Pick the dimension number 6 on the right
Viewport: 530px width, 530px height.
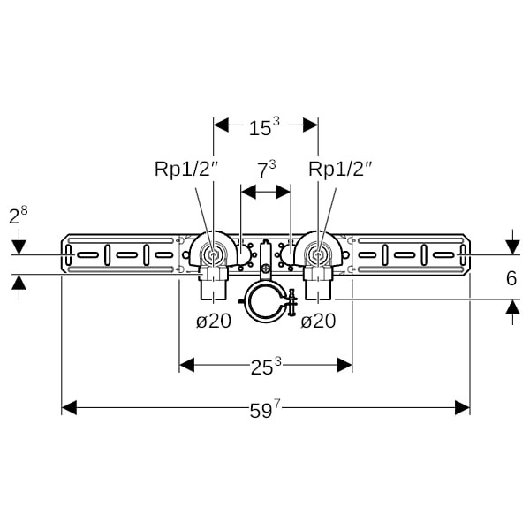[x=511, y=278]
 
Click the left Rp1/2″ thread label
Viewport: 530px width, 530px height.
[x=182, y=169]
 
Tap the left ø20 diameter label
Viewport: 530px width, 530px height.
[x=213, y=321]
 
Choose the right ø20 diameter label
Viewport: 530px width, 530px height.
[x=318, y=321]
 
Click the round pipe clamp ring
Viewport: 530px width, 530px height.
[x=265, y=303]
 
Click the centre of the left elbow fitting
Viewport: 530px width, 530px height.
[x=213, y=255]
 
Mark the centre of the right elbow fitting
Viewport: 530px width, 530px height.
[x=317, y=255]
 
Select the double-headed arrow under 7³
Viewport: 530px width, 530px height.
[x=265, y=191]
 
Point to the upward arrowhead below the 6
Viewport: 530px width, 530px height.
[x=511, y=307]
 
